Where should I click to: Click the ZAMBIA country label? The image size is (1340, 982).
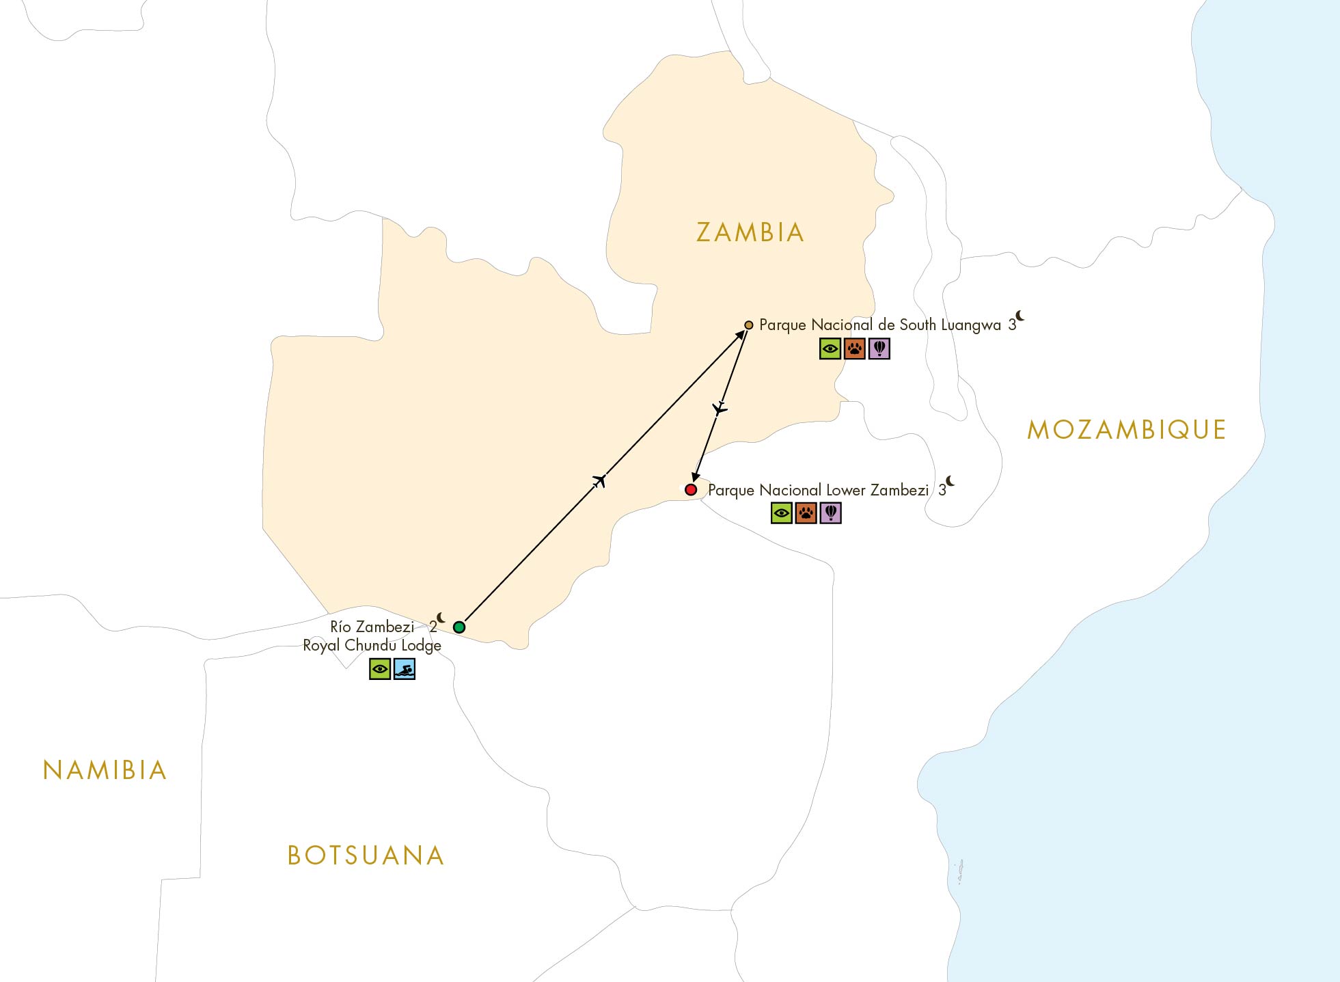click(x=750, y=233)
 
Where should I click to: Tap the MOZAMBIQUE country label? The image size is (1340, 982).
click(x=1126, y=430)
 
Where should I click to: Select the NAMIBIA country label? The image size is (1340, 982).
click(x=105, y=771)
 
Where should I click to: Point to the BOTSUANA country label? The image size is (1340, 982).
click(x=366, y=856)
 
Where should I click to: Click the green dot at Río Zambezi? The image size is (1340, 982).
click(x=459, y=627)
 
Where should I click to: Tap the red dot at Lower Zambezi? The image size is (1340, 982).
click(x=691, y=489)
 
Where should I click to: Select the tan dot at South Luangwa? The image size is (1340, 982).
click(x=749, y=325)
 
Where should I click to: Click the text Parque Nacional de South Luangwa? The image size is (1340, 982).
click(x=879, y=325)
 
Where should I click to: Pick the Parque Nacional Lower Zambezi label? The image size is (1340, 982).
click(x=818, y=490)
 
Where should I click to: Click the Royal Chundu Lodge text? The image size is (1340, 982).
click(x=372, y=646)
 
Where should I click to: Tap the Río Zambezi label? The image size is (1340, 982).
click(x=372, y=627)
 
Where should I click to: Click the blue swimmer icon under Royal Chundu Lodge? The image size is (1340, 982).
click(x=405, y=669)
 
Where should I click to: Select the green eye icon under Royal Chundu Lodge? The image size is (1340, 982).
click(x=380, y=669)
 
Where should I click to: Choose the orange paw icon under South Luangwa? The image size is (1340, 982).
click(x=855, y=349)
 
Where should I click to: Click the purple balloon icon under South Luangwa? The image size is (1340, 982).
click(x=879, y=349)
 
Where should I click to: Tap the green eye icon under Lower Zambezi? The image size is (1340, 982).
click(x=782, y=513)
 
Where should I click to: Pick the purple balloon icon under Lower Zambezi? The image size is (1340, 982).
click(x=830, y=513)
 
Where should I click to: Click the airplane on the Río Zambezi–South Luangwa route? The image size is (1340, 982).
click(x=599, y=481)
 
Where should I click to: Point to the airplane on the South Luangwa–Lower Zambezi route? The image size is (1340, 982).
click(x=720, y=409)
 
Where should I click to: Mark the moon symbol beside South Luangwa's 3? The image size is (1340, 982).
click(x=1020, y=315)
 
